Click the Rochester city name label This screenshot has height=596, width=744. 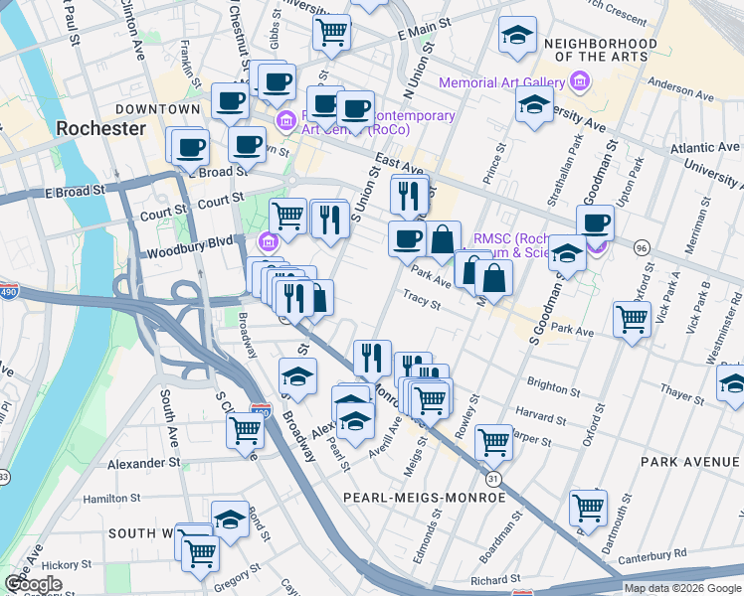(x=100, y=129)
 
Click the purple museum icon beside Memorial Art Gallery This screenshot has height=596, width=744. (x=583, y=82)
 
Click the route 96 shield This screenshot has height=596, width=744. (x=643, y=246)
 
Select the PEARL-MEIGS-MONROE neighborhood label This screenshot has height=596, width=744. (x=425, y=497)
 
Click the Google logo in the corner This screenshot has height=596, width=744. (x=33, y=584)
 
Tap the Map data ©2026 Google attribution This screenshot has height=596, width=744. (x=682, y=588)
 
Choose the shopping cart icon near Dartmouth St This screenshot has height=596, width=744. (x=588, y=508)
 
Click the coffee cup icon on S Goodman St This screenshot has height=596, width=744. (x=595, y=223)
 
